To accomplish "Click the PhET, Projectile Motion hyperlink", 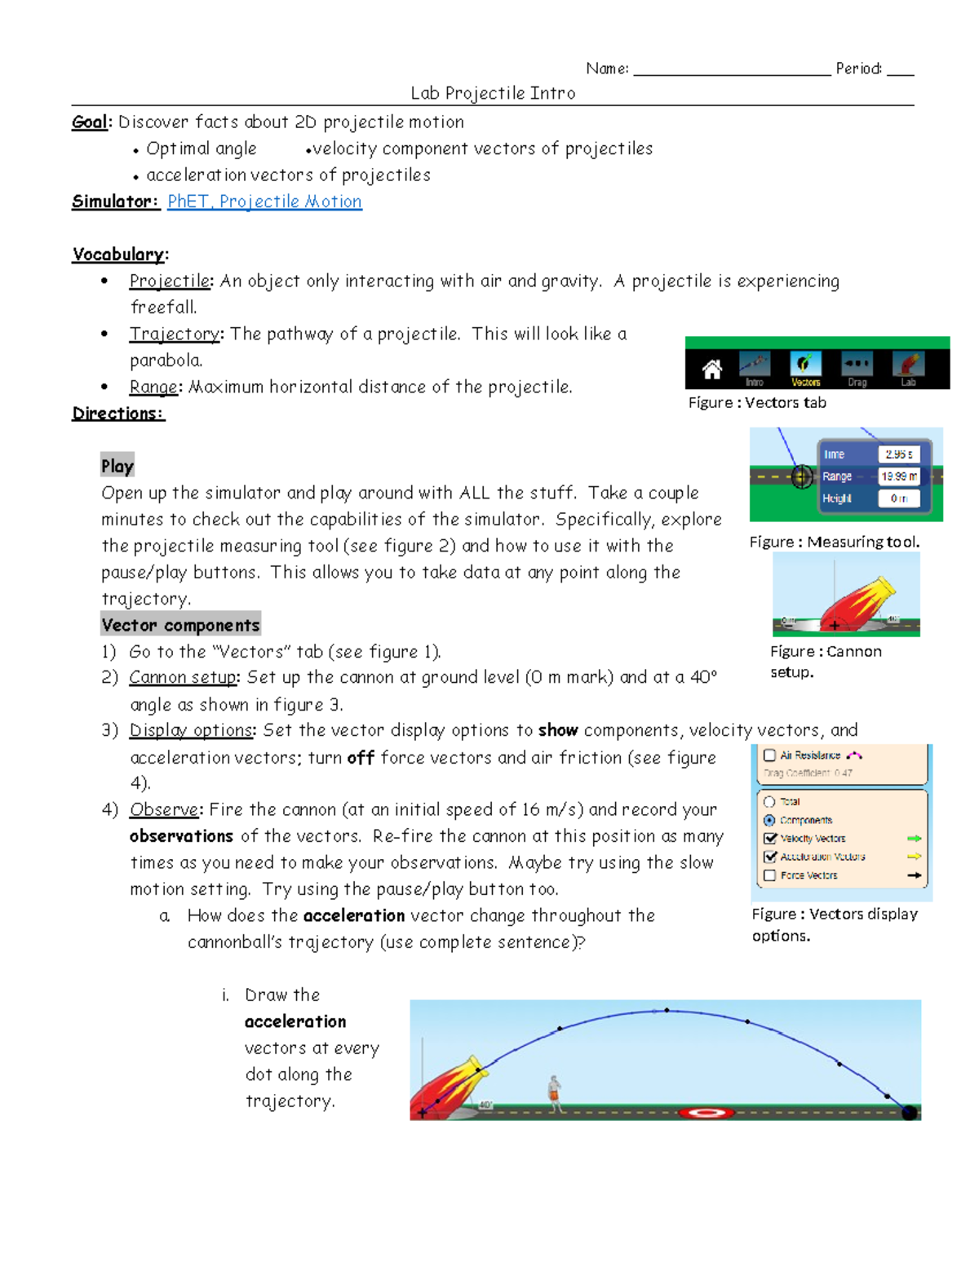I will pos(264,202).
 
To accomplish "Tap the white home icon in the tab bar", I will pos(712,370).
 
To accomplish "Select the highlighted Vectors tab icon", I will pos(805,365).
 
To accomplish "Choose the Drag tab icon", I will pos(857,365).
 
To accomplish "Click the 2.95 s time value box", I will pos(898,454).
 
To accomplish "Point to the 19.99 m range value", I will pos(898,476).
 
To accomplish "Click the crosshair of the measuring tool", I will pos(802,477).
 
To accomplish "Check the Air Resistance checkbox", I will pos(769,755).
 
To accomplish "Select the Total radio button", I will pos(769,802).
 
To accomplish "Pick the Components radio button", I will pos(769,820).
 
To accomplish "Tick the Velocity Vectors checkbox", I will pos(769,839).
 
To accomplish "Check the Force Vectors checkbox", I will pos(769,875).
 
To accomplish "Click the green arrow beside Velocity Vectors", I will pos(914,839).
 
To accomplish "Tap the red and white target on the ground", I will pos(707,1112).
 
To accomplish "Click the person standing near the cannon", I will pos(556,1093).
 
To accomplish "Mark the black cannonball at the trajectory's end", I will pos(908,1112).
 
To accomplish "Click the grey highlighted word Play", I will pos(117,466).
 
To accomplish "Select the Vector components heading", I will pos(180,625).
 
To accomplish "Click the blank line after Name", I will pos(731,69).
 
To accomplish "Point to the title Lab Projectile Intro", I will pos(493,93).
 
